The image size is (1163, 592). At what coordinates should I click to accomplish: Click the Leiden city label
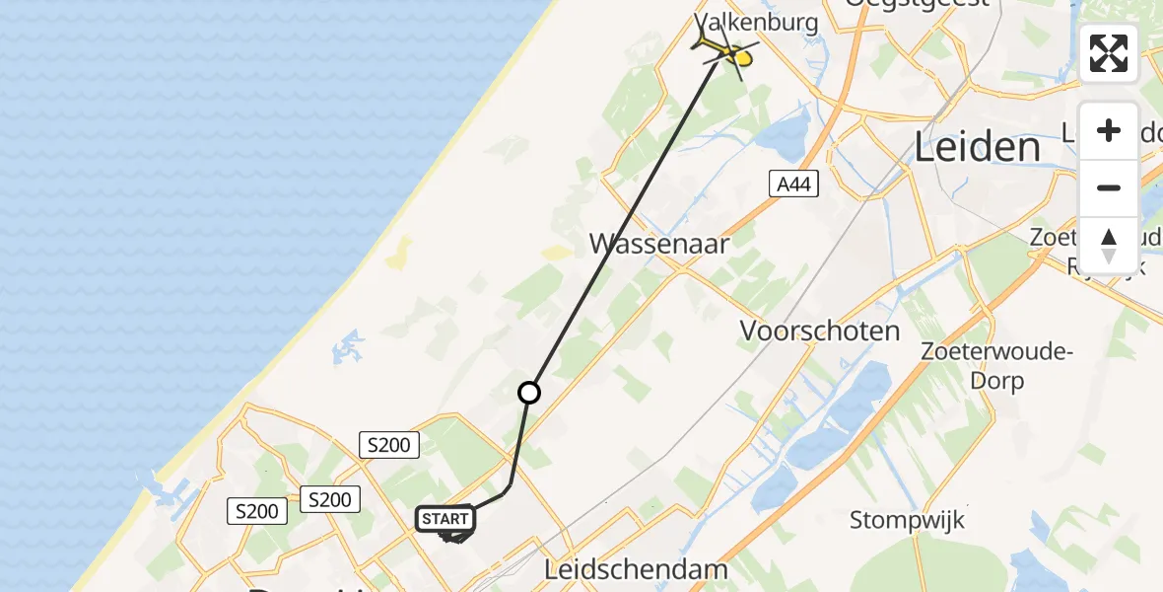click(x=977, y=148)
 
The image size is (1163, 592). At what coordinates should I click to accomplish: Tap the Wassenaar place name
click(x=659, y=244)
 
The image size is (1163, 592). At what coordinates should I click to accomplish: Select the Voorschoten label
click(x=820, y=332)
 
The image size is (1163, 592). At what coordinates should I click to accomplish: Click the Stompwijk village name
click(x=907, y=518)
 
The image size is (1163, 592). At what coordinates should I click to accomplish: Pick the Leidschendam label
click(x=636, y=569)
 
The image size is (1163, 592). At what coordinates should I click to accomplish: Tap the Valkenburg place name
click(x=756, y=22)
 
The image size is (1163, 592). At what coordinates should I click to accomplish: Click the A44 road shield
click(x=793, y=183)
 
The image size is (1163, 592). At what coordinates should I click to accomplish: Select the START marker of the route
click(x=445, y=519)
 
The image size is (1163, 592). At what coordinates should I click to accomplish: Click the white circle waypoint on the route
click(x=529, y=393)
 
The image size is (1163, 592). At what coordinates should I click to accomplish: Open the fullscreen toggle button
click(x=1109, y=53)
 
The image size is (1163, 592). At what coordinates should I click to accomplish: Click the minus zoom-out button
click(x=1109, y=187)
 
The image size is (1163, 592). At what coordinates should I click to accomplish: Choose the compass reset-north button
click(x=1109, y=244)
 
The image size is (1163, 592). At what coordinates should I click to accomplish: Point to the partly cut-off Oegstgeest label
click(x=917, y=5)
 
